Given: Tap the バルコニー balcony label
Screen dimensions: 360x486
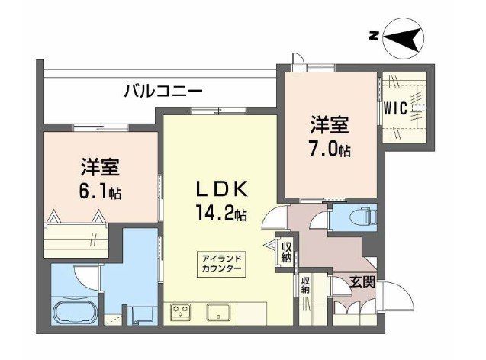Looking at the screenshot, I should click(163, 91).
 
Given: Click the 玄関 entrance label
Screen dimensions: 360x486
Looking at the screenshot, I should click(362, 281).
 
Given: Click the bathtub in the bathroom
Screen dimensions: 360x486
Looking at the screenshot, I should click(75, 313).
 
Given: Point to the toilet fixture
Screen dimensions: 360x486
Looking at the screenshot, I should click(359, 217).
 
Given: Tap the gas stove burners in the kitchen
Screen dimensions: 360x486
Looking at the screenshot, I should click(182, 312).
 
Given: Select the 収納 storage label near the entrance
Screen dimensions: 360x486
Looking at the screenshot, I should click(305, 285).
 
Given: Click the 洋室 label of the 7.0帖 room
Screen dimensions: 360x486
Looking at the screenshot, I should click(330, 124).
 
